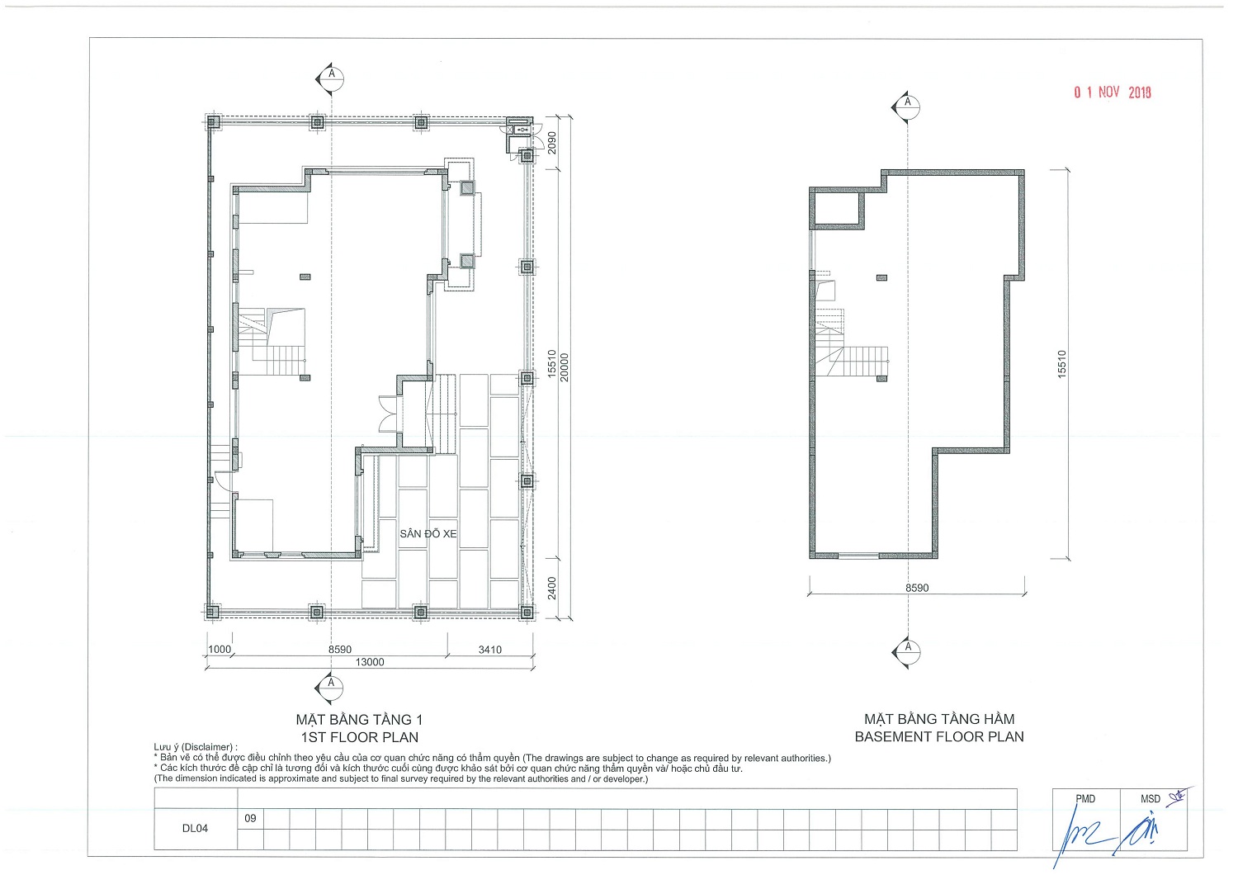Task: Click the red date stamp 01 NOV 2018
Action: (1112, 92)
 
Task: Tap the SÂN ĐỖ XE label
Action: (428, 534)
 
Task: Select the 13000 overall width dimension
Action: (370, 662)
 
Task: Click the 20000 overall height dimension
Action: (565, 367)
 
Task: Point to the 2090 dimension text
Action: (551, 143)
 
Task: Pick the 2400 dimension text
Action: (551, 588)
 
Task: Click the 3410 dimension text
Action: (490, 650)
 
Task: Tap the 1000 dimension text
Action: (220, 649)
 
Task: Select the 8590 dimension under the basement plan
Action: (917, 588)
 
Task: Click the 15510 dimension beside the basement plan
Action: (1061, 364)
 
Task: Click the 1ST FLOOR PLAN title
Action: (359, 737)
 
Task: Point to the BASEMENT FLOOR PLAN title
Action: (939, 737)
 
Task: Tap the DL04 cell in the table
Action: (195, 829)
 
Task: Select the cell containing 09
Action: (250, 819)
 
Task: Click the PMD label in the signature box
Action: (1085, 799)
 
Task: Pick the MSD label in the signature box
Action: (1151, 799)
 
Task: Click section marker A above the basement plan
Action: (907, 106)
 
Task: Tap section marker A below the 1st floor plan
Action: (330, 688)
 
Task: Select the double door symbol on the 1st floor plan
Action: (390, 413)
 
